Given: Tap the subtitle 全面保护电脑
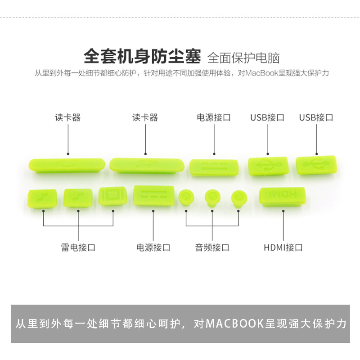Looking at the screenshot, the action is point(243,58).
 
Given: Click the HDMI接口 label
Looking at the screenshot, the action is point(283,247).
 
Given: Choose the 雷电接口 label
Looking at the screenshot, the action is point(78,247).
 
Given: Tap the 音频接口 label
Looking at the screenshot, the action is point(212,247).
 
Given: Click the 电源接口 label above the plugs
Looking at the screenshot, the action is point(214,117).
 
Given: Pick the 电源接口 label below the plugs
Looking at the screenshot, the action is point(153,247).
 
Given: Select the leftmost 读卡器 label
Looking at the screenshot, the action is point(68,117).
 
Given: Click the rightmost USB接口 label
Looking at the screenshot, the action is point(316,117).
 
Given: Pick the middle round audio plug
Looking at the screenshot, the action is point(212,197).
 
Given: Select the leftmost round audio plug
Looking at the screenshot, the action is point(185,197).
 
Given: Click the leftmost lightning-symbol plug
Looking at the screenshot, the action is point(42,198).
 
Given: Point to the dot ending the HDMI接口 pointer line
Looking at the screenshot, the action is point(283,211).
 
